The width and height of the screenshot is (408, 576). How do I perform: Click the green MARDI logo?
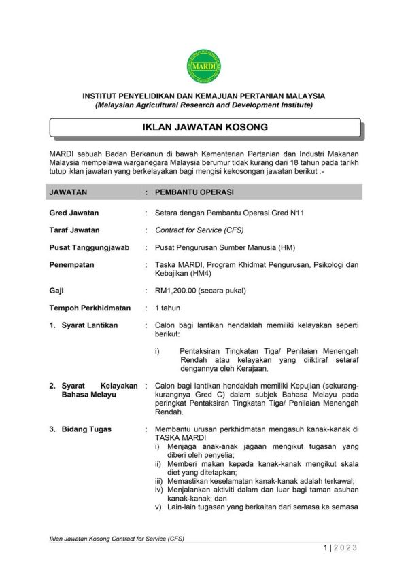pyautogui.click(x=203, y=66)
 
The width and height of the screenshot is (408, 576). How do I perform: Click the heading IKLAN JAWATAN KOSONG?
pyautogui.click(x=204, y=127)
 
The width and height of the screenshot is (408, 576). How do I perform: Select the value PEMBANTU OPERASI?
pyautogui.click(x=195, y=192)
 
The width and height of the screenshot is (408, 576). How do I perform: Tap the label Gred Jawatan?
pyautogui.click(x=74, y=213)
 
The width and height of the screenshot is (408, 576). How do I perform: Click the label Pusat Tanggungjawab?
pyautogui.click(x=88, y=247)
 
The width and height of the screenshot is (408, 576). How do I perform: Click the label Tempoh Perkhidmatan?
pyautogui.click(x=90, y=308)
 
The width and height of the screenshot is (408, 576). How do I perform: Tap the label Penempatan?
pyautogui.click(x=71, y=265)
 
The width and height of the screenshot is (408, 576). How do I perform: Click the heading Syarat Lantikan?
pyautogui.click(x=89, y=325)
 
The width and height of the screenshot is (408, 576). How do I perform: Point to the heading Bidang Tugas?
pyautogui.click(x=86, y=429)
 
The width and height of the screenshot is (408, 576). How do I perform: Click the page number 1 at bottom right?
pyautogui.click(x=326, y=548)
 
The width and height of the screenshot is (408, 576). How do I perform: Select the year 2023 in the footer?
pyautogui.click(x=346, y=548)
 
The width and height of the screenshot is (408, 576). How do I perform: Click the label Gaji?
pyautogui.click(x=56, y=291)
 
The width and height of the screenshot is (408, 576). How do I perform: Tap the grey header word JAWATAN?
pyautogui.click(x=69, y=192)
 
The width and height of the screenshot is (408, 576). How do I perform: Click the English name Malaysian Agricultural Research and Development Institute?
pyautogui.click(x=204, y=106)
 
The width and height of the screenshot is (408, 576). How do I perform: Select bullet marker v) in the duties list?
pyautogui.click(x=158, y=507)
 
